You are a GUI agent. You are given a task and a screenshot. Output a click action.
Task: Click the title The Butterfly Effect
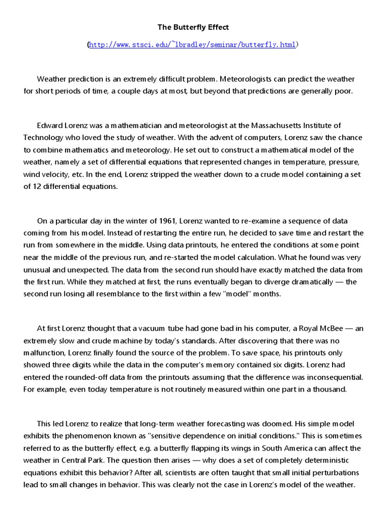pos(193,27)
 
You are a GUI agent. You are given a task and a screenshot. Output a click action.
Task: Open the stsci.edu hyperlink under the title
pos(193,45)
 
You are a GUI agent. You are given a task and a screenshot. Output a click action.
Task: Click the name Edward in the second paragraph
pos(50,125)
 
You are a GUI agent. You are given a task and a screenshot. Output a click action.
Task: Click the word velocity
pos(62,174)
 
